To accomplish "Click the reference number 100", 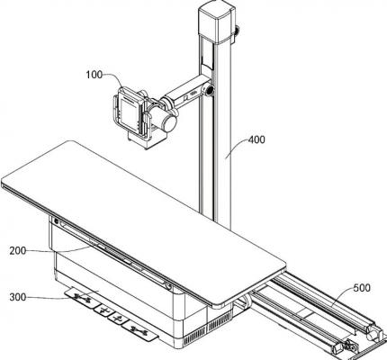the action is point(94,75).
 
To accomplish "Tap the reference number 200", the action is point(18,250).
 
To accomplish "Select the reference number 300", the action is point(18,297).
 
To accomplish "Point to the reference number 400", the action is point(256,139).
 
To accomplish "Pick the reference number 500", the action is point(362,288).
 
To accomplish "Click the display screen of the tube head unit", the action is point(129,110).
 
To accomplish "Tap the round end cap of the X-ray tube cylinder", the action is point(169,123).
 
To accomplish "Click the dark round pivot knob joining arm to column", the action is point(210,89).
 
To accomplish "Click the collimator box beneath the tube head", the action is point(147,139).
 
